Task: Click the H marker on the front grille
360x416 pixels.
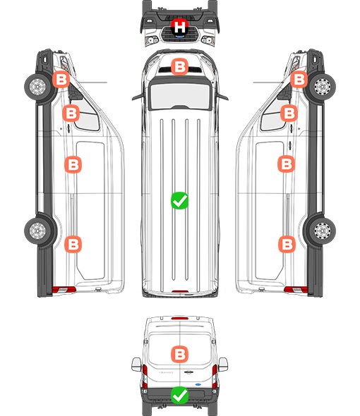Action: (180, 27)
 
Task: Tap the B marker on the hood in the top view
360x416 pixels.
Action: (179, 66)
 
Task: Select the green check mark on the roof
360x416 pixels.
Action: (179, 200)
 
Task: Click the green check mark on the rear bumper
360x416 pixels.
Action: (179, 395)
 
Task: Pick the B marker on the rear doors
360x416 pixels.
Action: (179, 354)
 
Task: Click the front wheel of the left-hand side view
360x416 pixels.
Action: (38, 87)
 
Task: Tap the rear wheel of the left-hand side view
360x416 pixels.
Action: (38, 231)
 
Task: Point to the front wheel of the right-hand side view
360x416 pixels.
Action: (322, 87)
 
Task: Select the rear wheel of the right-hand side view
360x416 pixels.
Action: (322, 231)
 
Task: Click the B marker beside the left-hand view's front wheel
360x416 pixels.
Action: (61, 80)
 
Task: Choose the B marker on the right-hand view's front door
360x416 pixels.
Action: (289, 114)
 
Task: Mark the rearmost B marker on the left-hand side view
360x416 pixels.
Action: (73, 244)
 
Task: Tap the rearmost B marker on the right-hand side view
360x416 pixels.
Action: (287, 245)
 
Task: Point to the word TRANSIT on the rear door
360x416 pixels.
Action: (166, 372)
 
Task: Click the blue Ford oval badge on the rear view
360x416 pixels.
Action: (198, 384)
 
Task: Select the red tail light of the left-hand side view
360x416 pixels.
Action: (64, 290)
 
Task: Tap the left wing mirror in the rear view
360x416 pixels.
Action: (136, 365)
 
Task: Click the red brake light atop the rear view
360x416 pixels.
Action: (180, 318)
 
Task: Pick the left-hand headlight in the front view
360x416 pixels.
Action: (152, 40)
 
